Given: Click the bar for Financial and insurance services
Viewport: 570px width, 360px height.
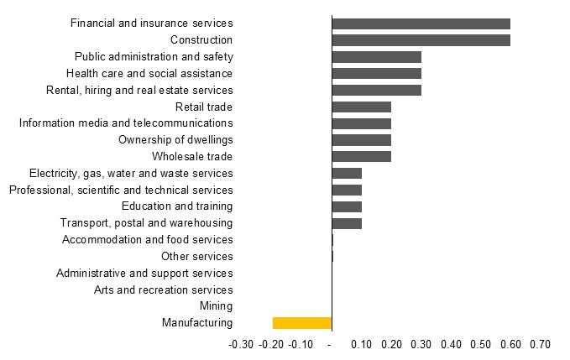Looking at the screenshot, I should pyautogui.click(x=421, y=23).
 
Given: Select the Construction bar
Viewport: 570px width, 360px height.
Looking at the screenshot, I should pyautogui.click(x=421, y=40).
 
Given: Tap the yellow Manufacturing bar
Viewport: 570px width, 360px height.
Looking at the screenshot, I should pyautogui.click(x=302, y=323).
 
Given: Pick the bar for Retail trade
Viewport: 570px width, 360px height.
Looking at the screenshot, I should pyautogui.click(x=361, y=107).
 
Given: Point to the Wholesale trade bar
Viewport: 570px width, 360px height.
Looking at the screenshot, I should pyautogui.click(x=361, y=157).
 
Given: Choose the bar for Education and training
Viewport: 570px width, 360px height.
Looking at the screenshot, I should pyautogui.click(x=347, y=206).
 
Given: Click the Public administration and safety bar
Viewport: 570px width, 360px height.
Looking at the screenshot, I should pyautogui.click(x=376, y=57).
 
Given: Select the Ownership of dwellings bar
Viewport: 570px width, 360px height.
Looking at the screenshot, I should pyautogui.click(x=361, y=140).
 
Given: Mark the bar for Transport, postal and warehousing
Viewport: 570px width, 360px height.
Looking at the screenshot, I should pyautogui.click(x=347, y=223).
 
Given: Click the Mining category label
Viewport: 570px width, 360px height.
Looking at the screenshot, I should pyautogui.click(x=216, y=306).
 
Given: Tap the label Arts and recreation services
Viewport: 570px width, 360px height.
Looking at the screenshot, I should pyautogui.click(x=163, y=290).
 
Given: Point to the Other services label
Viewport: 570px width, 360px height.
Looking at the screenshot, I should pyautogui.click(x=196, y=256).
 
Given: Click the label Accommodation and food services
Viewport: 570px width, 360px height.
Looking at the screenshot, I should pyautogui.click(x=147, y=239).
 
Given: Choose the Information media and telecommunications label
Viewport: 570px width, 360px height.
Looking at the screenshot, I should pyautogui.click(x=126, y=123).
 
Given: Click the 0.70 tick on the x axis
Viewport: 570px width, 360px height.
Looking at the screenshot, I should pyautogui.click(x=540, y=344).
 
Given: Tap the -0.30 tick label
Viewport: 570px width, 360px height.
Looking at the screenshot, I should pyautogui.click(x=241, y=344).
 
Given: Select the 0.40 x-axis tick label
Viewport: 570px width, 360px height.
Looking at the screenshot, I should pyautogui.click(x=451, y=344).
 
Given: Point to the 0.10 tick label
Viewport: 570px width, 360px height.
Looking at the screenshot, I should pyautogui.click(x=362, y=344).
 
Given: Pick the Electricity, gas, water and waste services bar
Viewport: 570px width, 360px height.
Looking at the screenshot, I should pyautogui.click(x=347, y=174).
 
